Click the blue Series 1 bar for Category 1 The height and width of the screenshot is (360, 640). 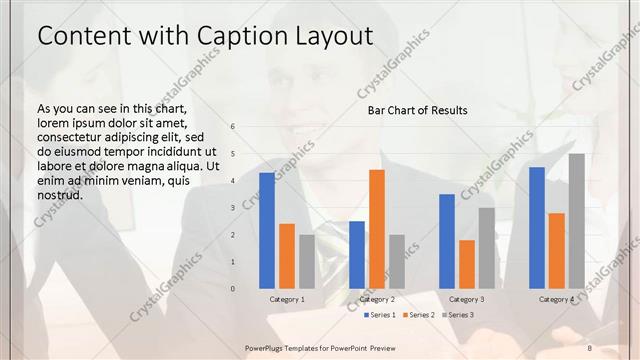click(x=267, y=231)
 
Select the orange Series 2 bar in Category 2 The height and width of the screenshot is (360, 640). click(x=377, y=229)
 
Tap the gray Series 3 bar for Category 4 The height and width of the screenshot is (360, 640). click(x=577, y=221)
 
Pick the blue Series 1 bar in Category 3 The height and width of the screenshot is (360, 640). click(x=447, y=241)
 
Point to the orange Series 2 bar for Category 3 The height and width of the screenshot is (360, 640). click(x=467, y=264)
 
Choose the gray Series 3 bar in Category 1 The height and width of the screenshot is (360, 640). click(x=307, y=261)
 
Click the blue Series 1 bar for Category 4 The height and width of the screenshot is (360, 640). click(x=537, y=228)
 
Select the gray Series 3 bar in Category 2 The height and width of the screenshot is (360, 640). click(x=397, y=261)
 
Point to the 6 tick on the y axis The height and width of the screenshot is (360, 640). click(x=232, y=127)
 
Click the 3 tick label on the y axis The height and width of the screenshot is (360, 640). click(x=232, y=208)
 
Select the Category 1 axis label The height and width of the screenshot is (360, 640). click(x=287, y=299)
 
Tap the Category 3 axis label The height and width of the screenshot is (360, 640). click(x=467, y=299)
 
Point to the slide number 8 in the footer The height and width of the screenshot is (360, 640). click(x=590, y=347)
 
